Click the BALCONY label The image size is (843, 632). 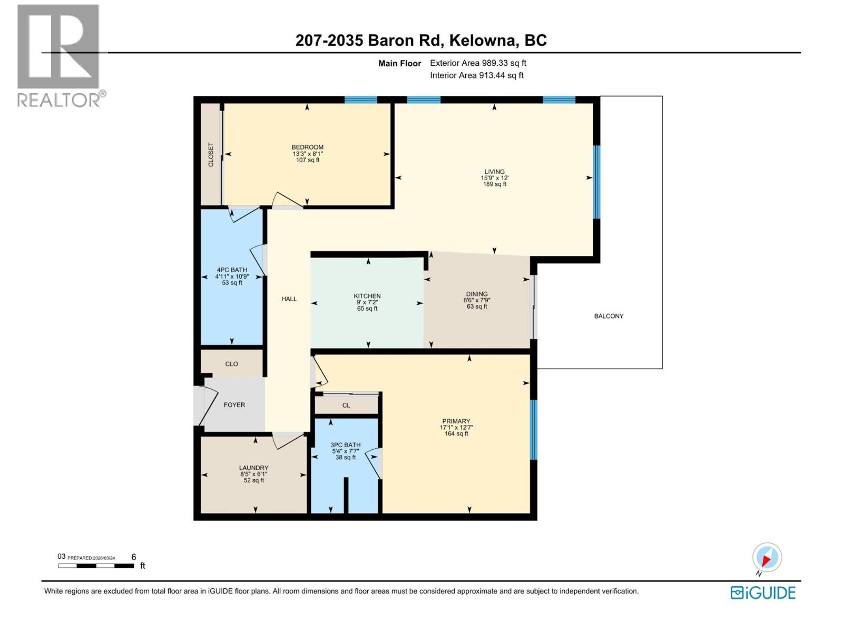609,316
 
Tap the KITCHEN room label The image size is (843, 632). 367,296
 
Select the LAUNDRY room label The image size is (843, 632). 254,468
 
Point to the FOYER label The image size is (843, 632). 234,404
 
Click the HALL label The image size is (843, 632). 289,299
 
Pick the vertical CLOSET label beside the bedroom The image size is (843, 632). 211,155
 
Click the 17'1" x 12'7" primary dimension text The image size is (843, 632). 456,428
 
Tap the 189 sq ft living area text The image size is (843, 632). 495,184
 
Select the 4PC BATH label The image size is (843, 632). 232,270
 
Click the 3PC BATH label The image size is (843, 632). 346,445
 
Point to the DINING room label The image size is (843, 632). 477,294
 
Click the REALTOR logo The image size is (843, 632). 58,55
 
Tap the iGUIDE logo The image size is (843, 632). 763,592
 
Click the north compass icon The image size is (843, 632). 767,557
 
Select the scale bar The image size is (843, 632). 96,566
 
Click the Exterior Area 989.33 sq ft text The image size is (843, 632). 478,63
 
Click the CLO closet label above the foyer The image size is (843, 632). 231,364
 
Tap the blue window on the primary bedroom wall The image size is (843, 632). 533,429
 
